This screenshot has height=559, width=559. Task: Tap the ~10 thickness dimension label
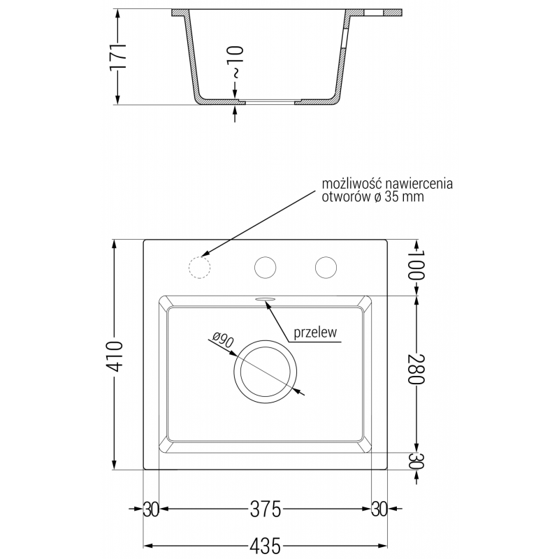click(236, 62)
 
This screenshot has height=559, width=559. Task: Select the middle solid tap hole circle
click(265, 267)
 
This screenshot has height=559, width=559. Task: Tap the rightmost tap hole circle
click(325, 267)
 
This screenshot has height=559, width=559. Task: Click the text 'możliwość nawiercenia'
click(387, 184)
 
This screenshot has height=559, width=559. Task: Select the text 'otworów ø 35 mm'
click(372, 198)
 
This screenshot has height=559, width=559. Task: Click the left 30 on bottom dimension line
click(152, 509)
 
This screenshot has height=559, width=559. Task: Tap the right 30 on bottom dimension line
click(379, 509)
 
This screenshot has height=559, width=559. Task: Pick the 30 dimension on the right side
click(416, 460)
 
